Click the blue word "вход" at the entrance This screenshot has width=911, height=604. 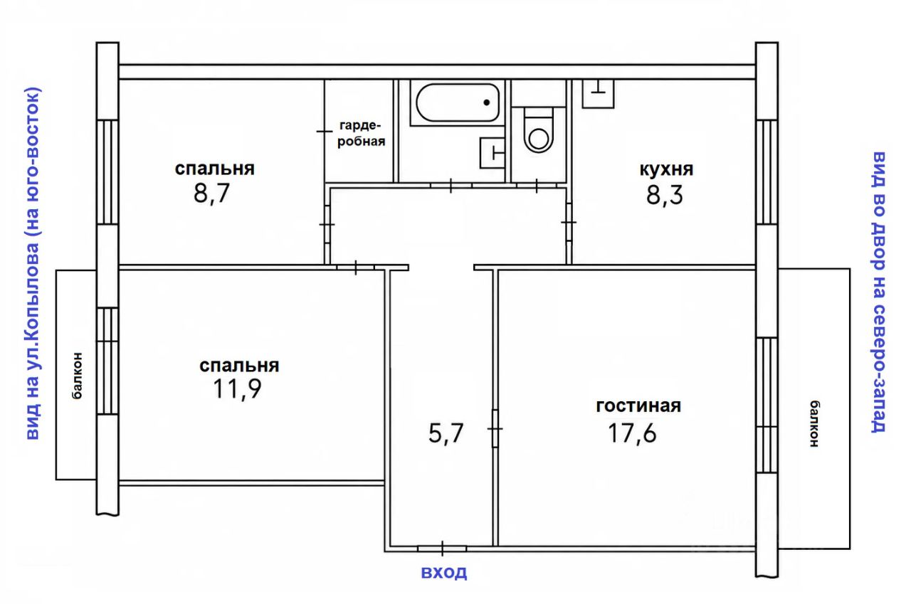[x=443, y=572]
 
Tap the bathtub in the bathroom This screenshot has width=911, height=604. [x=458, y=103]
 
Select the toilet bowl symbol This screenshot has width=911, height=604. [x=539, y=129]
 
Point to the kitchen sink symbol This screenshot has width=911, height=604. [x=598, y=94]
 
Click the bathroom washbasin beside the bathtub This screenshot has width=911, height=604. [x=493, y=153]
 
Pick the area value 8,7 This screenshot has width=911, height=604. [x=212, y=194]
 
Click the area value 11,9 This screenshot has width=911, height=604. [x=237, y=389]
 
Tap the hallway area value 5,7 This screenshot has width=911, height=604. [x=446, y=433]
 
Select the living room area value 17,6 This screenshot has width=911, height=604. [x=632, y=433]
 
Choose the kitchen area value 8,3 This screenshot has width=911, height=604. [x=665, y=195]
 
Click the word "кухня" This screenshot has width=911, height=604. [x=666, y=169]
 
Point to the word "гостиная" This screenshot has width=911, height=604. [x=638, y=406]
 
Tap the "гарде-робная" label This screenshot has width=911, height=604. [x=361, y=133]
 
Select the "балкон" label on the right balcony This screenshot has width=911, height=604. [x=814, y=423]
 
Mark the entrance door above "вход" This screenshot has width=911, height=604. [x=442, y=549]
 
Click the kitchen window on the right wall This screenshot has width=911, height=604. [x=767, y=172]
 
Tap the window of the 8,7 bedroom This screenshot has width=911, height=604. [x=107, y=172]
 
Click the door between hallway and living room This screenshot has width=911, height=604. [x=495, y=428]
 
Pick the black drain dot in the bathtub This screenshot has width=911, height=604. [x=486, y=103]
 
